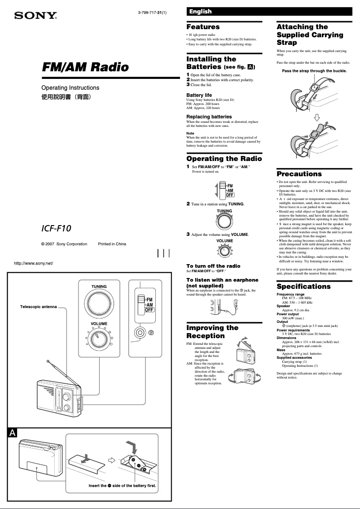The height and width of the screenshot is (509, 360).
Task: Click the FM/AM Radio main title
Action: tap(85, 67)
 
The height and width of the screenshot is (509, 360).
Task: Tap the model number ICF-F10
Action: tap(56, 228)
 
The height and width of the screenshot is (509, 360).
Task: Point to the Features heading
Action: tap(203, 27)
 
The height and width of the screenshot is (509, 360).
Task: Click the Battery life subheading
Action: tap(199, 95)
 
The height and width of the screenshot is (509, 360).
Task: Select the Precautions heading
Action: tap(299, 174)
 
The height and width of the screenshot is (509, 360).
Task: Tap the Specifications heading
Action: tap(303, 287)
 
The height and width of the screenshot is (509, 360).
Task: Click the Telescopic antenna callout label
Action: tap(39, 307)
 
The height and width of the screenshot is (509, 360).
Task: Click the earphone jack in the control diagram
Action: tap(140, 333)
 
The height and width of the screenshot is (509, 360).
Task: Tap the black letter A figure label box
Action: tap(13, 432)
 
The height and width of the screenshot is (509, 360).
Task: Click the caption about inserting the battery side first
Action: tap(125, 486)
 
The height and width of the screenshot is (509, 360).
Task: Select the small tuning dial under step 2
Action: tap(224, 222)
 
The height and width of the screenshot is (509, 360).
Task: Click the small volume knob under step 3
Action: tap(224, 252)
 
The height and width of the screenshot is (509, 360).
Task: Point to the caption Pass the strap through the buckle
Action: tap(314, 71)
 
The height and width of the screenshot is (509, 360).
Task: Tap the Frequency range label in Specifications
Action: tap(290, 294)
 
